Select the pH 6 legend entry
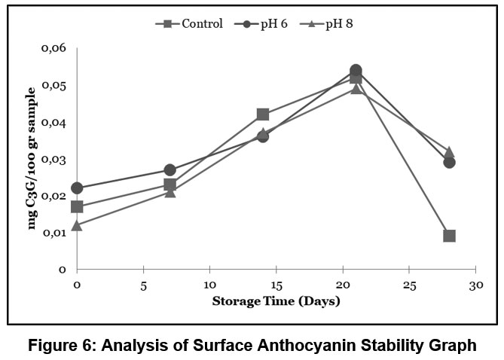coord(262,23)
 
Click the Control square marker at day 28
coord(449,236)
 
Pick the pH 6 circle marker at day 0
coord(77,188)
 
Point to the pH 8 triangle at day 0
coord(77,225)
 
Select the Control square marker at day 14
coord(263,114)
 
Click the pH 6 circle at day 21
coord(356,71)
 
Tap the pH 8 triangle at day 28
coord(449,152)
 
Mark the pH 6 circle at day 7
coord(170,170)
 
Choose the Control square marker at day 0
coord(77,206)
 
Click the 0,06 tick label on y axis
coord(53,49)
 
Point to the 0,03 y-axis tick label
coord(53,160)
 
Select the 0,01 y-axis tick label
coord(53,233)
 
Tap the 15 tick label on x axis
coord(276,287)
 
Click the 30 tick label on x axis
coord(475,287)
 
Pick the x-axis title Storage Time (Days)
coord(276,302)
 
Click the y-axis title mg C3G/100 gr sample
coord(32,158)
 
